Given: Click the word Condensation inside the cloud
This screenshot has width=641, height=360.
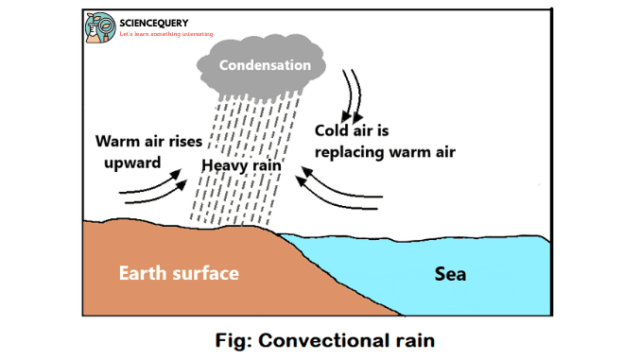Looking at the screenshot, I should click(x=265, y=66).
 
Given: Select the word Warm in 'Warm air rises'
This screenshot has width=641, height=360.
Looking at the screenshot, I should click(x=118, y=143).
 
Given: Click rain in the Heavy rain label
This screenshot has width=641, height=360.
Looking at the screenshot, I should click(x=269, y=166).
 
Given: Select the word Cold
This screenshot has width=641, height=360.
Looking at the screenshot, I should click(x=334, y=131).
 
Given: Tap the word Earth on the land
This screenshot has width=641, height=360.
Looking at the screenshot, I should click(x=145, y=274).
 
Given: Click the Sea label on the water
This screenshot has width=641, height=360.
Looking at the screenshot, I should click(x=450, y=275).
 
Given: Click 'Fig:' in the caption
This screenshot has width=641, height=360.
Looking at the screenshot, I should click(x=233, y=338).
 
